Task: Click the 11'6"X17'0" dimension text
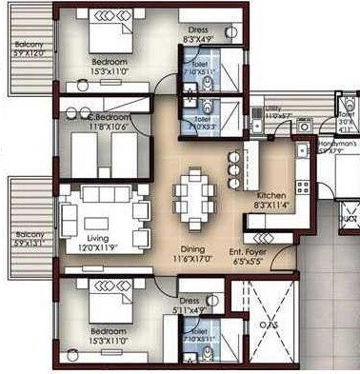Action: coord(194,257)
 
